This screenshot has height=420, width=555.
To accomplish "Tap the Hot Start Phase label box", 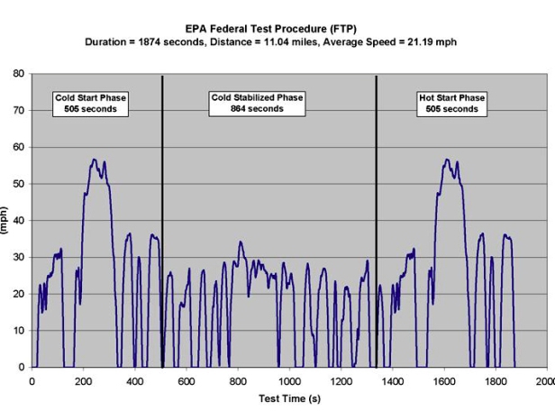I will (x=447, y=104).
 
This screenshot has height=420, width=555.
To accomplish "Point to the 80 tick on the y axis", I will (x=18, y=74).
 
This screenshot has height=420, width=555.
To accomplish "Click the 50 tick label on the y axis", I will (x=18, y=184).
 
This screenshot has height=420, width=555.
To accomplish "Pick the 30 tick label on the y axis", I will (x=18, y=257).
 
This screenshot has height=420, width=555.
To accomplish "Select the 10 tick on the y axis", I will (x=18, y=331).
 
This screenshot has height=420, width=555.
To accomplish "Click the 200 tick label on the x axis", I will (x=84, y=381).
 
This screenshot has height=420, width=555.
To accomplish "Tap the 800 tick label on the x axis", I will (x=238, y=381).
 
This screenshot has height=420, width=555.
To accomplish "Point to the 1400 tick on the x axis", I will (x=392, y=381).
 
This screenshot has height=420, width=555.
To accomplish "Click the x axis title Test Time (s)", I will (x=290, y=398).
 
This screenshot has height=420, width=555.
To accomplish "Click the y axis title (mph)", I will (x=5, y=221).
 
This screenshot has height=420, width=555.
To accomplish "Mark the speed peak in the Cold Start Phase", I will (x=94, y=160).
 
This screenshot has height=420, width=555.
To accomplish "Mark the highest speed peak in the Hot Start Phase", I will (x=447, y=160).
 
